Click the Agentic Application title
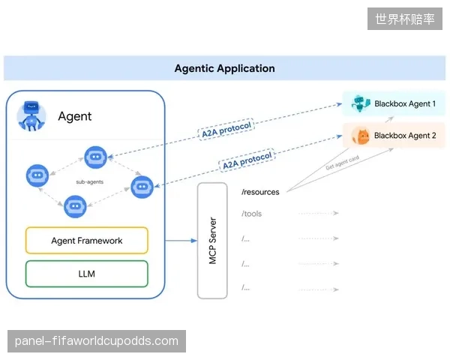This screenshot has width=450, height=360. point(225,68)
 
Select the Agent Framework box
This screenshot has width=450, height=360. point(87,240)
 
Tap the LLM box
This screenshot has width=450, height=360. point(87,274)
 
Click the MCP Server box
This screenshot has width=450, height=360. point(212,241)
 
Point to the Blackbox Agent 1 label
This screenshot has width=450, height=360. point(405,103)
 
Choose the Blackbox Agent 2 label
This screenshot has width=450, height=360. point(405,136)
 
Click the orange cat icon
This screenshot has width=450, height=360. point(361,136)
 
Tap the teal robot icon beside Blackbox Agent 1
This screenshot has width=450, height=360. point(361,103)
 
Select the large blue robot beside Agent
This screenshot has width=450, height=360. point(31,115)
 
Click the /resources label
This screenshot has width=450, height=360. point(260,192)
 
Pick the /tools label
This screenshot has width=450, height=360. point(251,214)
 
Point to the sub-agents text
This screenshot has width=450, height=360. point(89,181)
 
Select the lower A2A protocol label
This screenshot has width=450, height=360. point(247,160)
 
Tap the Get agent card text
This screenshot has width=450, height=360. point(343,163)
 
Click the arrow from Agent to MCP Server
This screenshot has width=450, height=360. point(181,241)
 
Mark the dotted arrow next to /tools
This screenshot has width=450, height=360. point(319,213)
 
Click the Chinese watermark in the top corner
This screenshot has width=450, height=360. point(405,19)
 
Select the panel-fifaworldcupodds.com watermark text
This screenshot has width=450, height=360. point(97,341)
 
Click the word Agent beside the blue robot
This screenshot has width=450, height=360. point(74,116)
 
